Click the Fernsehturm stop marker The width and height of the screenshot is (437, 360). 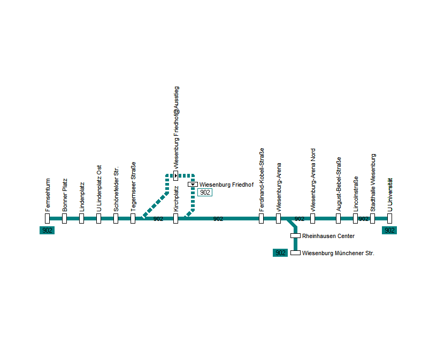tap(47, 218)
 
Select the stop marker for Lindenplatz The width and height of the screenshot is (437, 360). tap(81, 218)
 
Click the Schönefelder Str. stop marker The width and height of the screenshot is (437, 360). tap(116, 218)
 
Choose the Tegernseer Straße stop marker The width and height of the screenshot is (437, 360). tap(133, 218)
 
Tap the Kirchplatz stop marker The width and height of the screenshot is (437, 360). tap(175, 218)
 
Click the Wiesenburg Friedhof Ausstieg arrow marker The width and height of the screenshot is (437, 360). tap(175, 175)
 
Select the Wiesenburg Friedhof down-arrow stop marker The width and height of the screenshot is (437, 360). tap(193, 185)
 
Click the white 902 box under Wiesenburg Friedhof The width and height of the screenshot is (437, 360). tap(205, 193)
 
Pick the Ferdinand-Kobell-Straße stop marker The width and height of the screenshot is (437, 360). tap(261, 218)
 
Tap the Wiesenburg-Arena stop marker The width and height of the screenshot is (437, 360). tap(278, 218)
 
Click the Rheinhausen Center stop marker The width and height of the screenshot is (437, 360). tap(295, 236)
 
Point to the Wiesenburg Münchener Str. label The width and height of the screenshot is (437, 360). tap(338, 253)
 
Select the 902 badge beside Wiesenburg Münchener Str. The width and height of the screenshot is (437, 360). tap(280, 253)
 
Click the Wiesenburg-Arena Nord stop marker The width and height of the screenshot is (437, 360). tap(312, 218)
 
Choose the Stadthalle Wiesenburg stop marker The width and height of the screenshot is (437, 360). tap(372, 218)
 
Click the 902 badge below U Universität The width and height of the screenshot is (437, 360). tap(389, 231)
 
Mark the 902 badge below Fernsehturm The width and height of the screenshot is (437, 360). tap(47, 231)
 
